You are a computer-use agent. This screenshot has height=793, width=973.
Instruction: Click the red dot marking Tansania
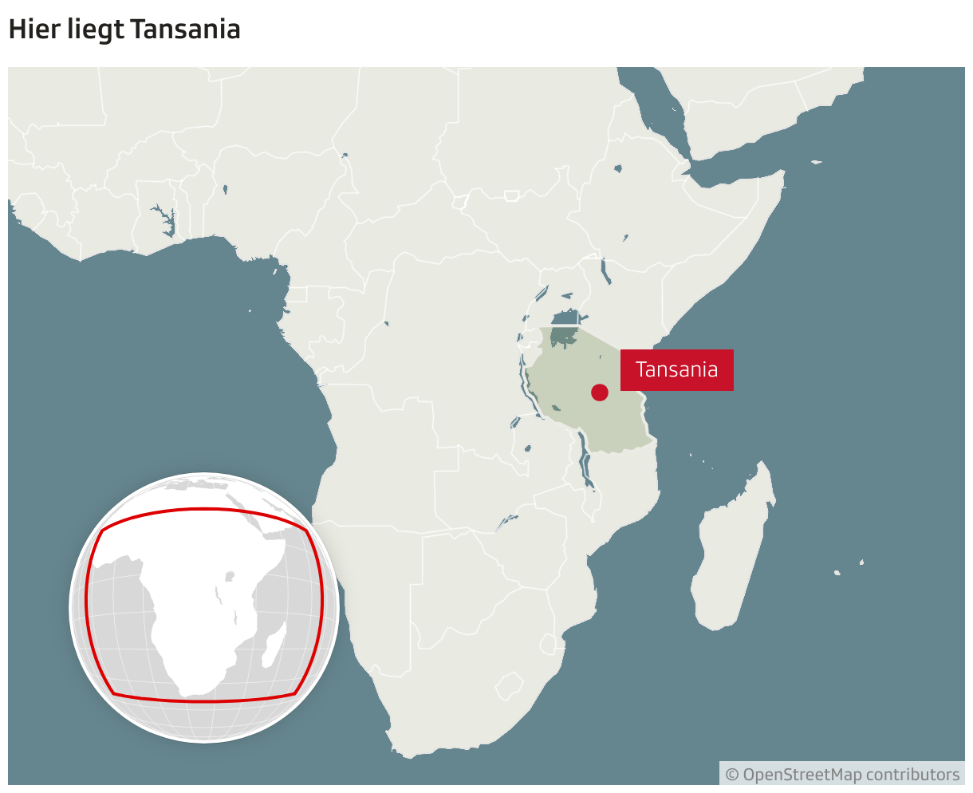coord(600,392)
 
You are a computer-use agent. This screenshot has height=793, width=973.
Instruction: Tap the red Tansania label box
coord(676,370)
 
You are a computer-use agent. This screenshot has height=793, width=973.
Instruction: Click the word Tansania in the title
coord(185,30)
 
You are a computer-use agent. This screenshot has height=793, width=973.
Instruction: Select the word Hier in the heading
coord(29,30)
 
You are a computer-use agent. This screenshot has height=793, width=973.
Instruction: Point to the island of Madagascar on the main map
coord(732,550)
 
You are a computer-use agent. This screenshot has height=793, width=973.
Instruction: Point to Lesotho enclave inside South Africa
coord(509,685)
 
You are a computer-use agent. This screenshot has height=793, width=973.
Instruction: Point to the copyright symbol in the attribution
coord(731,775)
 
